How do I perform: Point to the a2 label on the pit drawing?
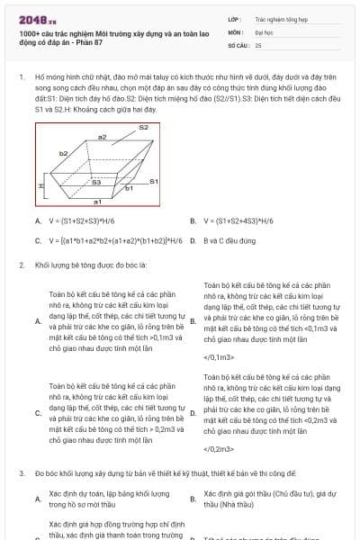point(103,137)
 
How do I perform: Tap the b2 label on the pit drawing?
point(63,153)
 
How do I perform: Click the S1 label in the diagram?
point(153,182)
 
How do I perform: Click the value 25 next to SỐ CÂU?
point(258,44)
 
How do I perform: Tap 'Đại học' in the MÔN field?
point(264,31)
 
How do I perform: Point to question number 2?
point(21,265)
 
